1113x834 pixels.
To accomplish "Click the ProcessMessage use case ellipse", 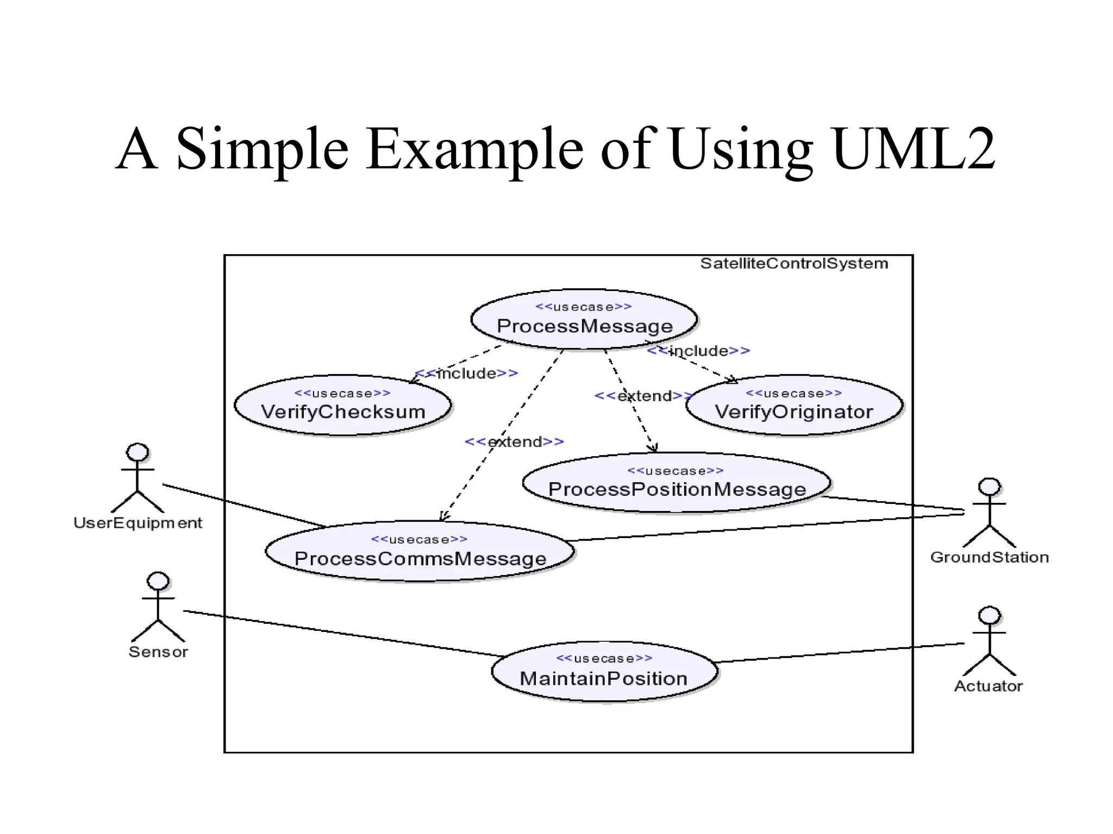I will [x=584, y=320].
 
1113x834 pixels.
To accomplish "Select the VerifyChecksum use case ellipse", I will [x=342, y=405].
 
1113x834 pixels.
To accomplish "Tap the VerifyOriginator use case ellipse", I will [x=793, y=405].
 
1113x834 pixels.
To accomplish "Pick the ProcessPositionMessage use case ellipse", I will [x=676, y=483].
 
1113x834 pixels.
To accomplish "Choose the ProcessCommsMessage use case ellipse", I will [x=420, y=552].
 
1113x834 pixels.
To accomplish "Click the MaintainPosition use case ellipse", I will [x=604, y=672].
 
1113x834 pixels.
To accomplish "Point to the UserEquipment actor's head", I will [x=137, y=452].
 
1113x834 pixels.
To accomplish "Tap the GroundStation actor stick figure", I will [x=989, y=513].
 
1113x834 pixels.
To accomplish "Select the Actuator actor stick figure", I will [x=989, y=642].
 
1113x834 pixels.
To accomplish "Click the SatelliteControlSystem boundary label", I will [x=793, y=264].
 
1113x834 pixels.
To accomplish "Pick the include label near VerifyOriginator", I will [x=698, y=351].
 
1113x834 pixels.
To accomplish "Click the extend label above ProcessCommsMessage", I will [x=514, y=442].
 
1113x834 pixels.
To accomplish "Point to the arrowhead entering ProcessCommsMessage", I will [x=443, y=516].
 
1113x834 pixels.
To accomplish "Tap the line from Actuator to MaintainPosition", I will [x=840, y=653].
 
